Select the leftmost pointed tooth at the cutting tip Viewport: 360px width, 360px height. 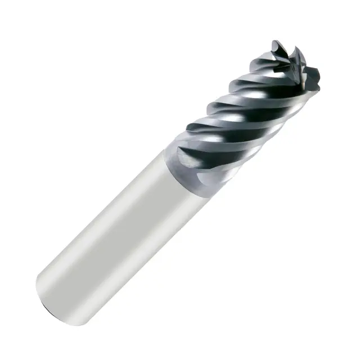[x=276, y=47]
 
